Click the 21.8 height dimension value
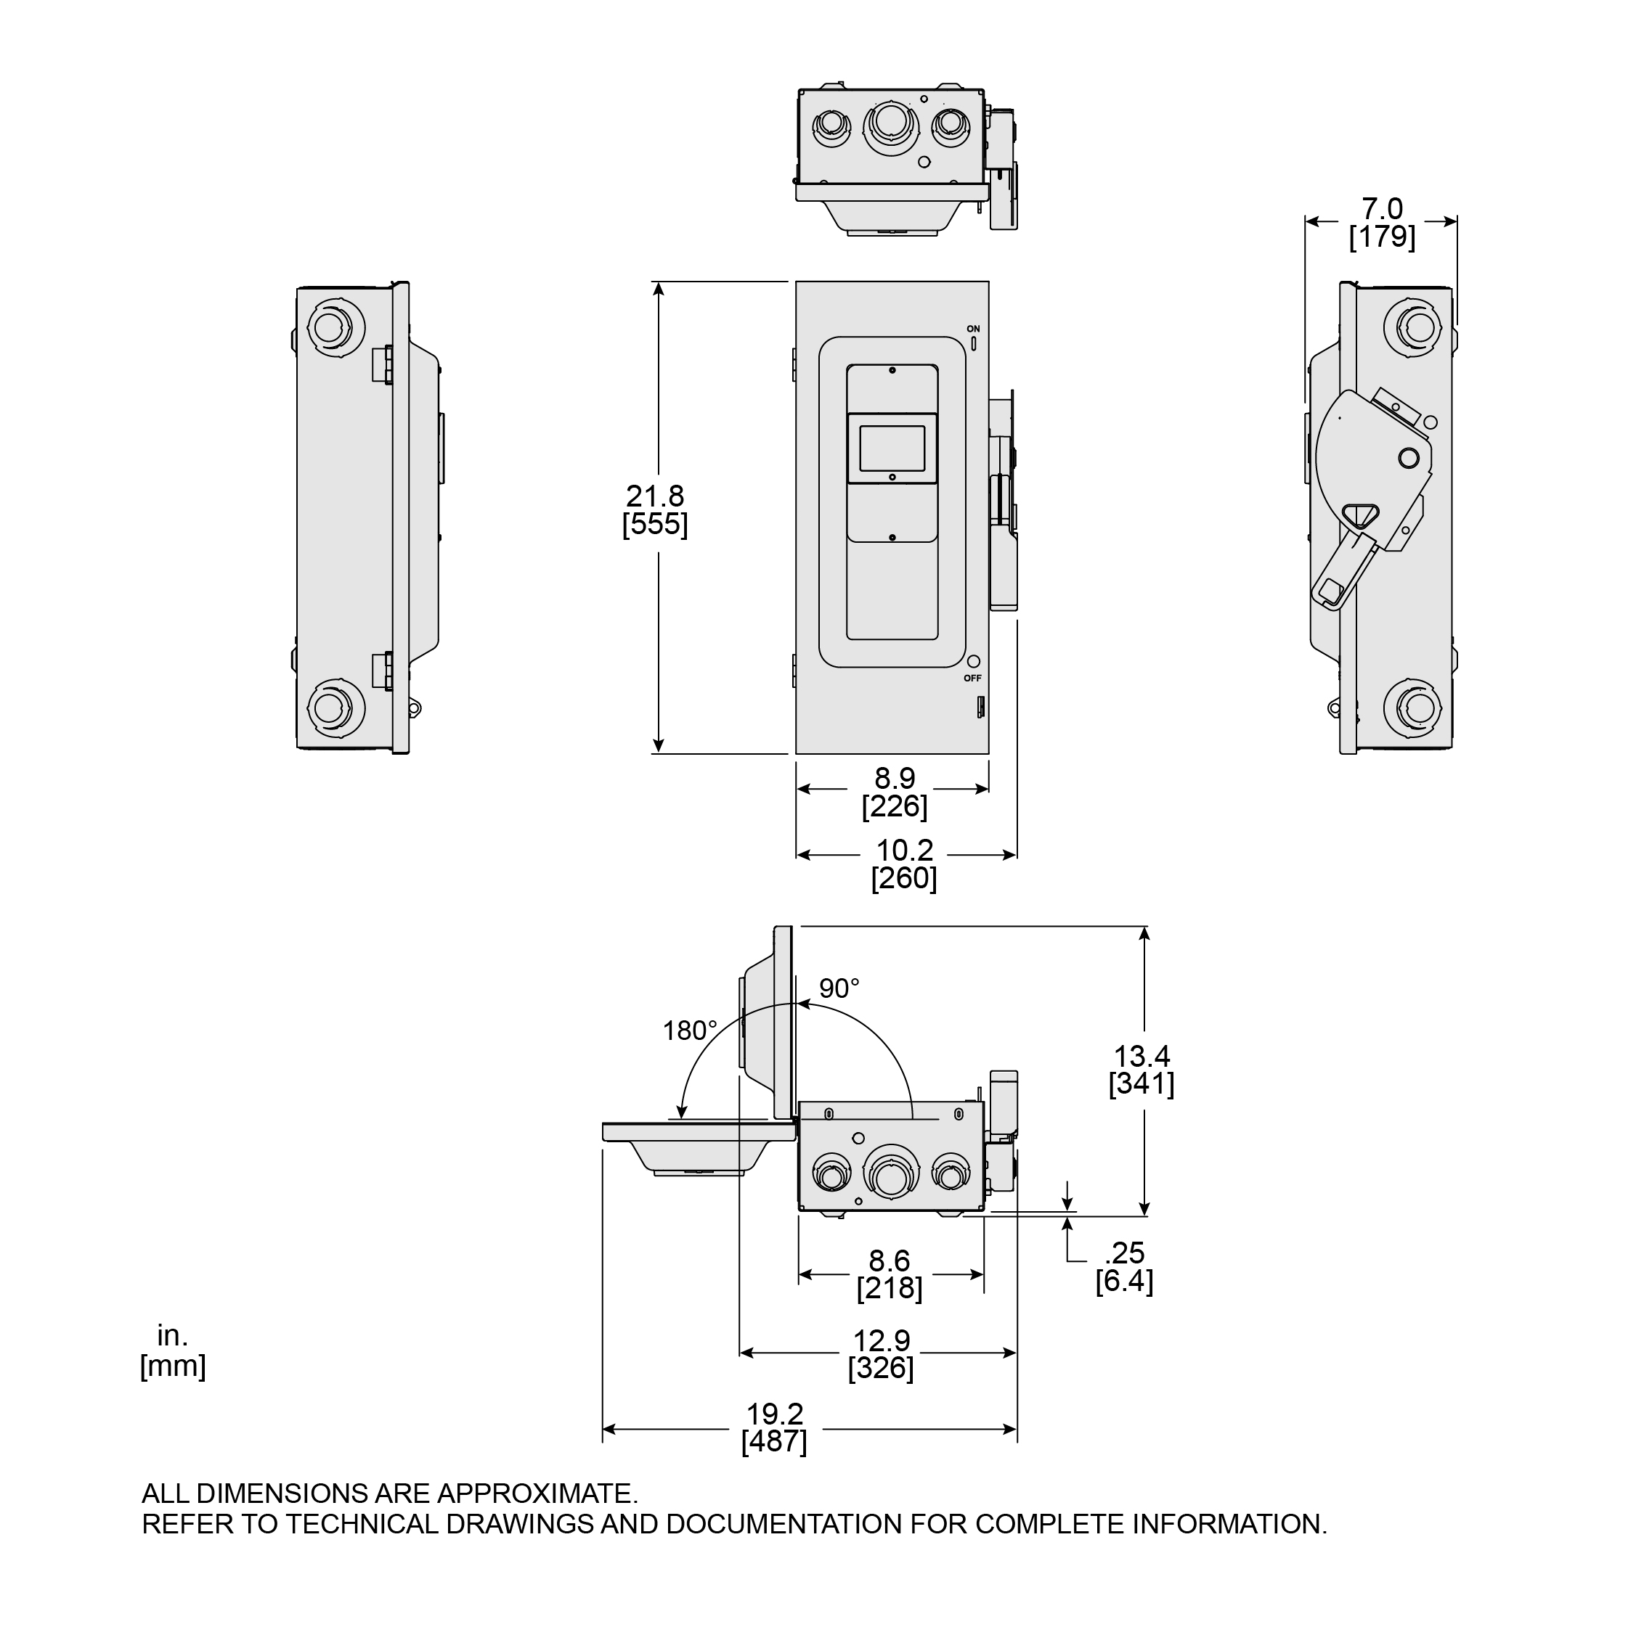tap(655, 496)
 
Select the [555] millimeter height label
tap(655, 524)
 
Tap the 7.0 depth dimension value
tap(1382, 208)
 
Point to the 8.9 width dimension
tap(895, 778)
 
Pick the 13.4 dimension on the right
tap(1142, 1057)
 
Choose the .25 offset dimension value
tap(1125, 1253)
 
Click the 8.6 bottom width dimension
tap(890, 1261)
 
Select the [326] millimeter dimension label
tap(881, 1369)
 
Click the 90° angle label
tap(839, 988)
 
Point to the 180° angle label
tap(690, 1030)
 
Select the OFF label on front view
tap(972, 679)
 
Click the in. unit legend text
tap(172, 1336)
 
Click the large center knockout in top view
tap(891, 125)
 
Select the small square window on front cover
tap(892, 448)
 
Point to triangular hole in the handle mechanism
tap(1359, 515)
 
